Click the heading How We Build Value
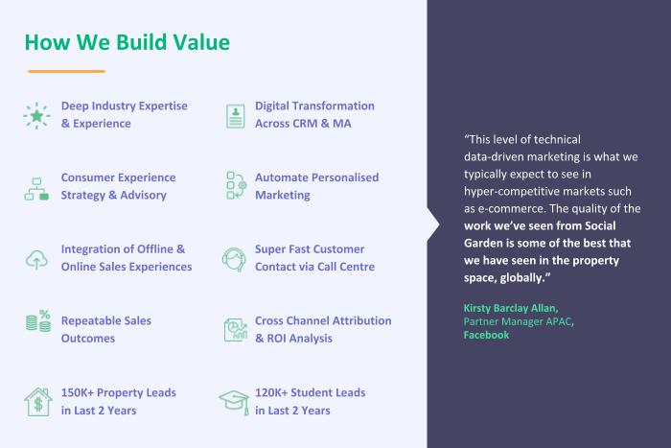(x=127, y=42)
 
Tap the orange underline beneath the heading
(x=66, y=71)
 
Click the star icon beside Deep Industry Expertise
(x=36, y=116)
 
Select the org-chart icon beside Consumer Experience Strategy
(x=36, y=189)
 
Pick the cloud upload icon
(x=36, y=260)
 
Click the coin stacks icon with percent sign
(x=38, y=320)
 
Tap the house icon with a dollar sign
(x=38, y=402)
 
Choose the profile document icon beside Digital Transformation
(x=236, y=116)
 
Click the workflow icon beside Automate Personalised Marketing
(x=236, y=185)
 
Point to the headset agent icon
(x=234, y=259)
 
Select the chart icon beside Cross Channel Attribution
(x=236, y=330)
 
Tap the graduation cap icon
(x=234, y=402)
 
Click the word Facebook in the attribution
(x=486, y=335)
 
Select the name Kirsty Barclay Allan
(x=511, y=308)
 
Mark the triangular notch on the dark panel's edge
(x=433, y=224)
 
